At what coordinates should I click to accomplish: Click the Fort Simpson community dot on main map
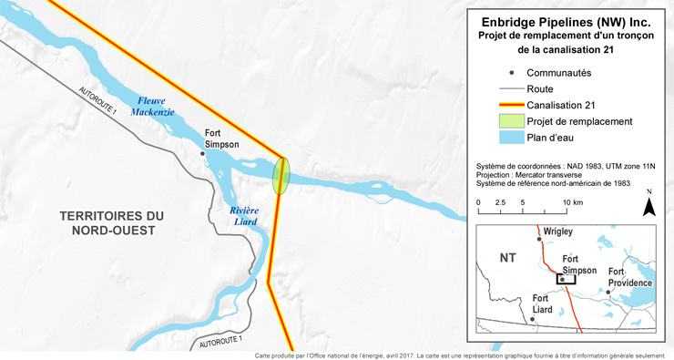pos(202,153)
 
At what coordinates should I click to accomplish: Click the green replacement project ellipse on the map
pos(281,175)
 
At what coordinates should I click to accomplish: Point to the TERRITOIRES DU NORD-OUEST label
pos(112,222)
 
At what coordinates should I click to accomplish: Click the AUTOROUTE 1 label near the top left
pos(97,100)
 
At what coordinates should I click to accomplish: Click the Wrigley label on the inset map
pos(558,231)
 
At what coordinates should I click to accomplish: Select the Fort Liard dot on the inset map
pos(531,319)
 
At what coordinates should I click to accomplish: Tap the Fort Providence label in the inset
pos(630,277)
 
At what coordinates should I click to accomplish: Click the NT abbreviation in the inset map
pos(508,258)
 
